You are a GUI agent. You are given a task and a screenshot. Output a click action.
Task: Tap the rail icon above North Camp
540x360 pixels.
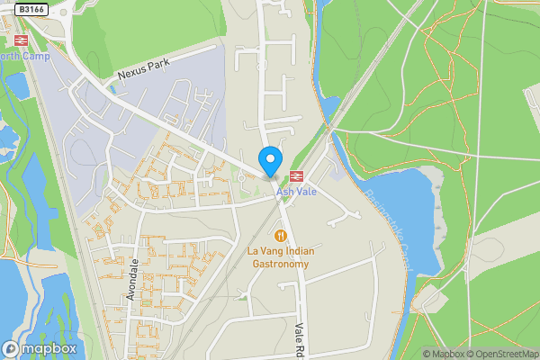point(20,40)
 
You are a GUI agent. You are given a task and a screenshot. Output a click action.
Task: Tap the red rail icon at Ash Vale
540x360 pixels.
point(297,175)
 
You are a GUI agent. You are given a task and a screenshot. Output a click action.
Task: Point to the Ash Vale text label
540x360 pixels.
point(297,192)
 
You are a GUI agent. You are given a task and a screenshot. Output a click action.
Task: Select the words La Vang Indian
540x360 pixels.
point(279,250)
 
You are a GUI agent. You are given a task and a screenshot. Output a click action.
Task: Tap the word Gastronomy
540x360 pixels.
point(279,264)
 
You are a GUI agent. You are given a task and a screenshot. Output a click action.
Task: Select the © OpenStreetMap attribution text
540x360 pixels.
point(505,355)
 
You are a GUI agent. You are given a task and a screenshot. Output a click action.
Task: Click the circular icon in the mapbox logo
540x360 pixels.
point(11,349)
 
